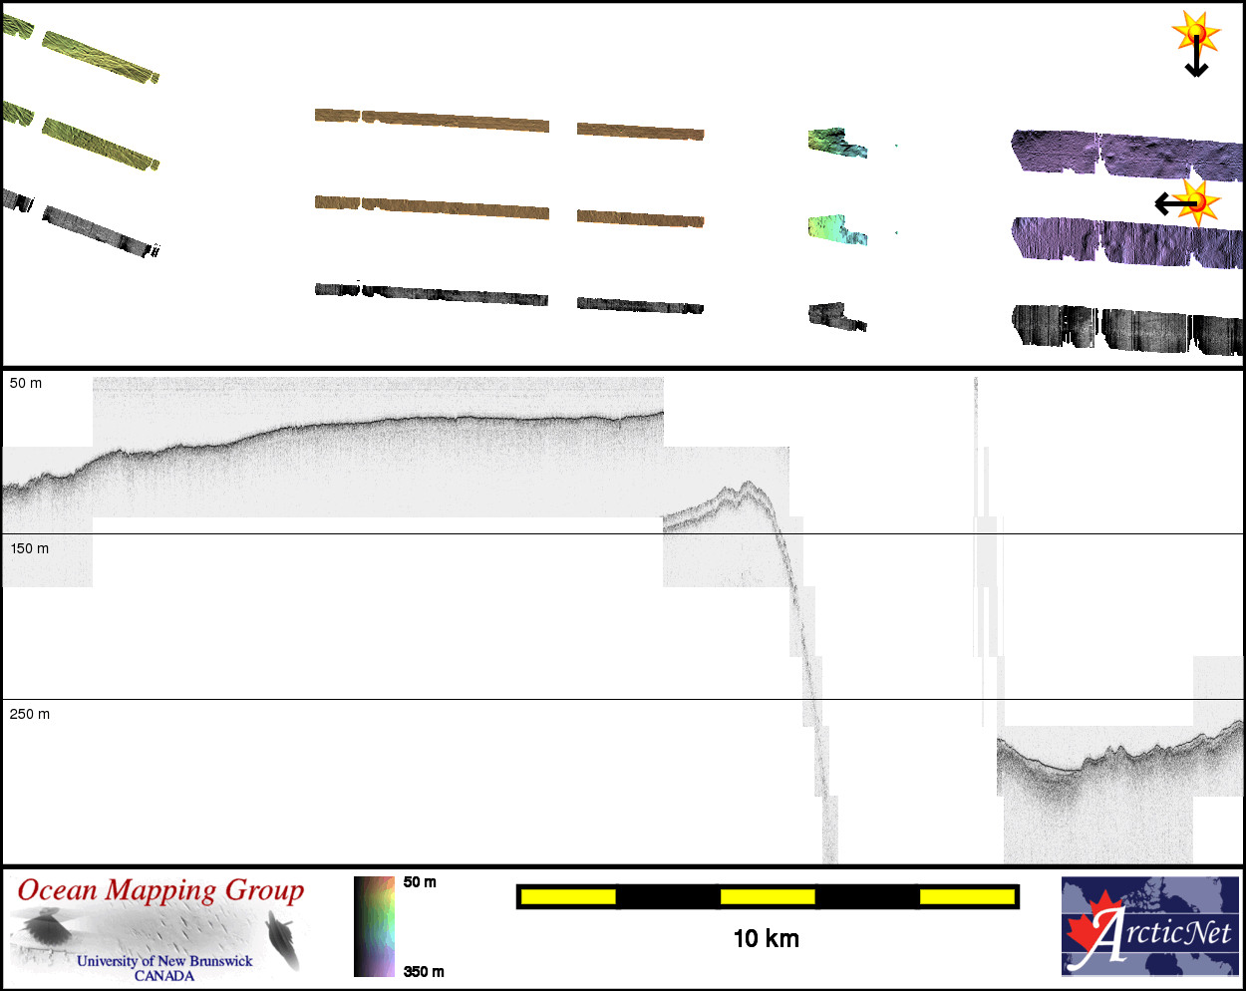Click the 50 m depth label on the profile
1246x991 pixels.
click(26, 383)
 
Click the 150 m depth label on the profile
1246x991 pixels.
click(29, 548)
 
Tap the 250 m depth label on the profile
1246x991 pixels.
click(30, 714)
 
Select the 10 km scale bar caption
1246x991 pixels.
click(766, 939)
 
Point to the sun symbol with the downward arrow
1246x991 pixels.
click(1196, 33)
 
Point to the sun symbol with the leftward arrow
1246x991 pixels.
click(1198, 203)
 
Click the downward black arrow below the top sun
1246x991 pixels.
click(1196, 56)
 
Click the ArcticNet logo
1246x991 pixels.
click(1150, 926)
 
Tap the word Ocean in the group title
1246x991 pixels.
click(58, 890)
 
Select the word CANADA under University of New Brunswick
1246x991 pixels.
click(164, 976)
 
